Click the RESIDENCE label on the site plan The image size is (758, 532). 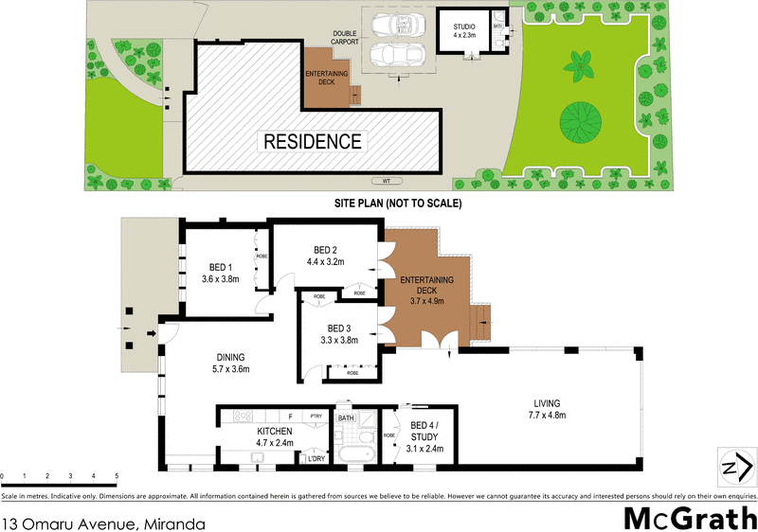[x=313, y=142]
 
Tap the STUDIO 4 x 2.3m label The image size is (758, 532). [x=464, y=29]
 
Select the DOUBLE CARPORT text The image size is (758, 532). [x=344, y=38]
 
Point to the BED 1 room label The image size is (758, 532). [x=220, y=273]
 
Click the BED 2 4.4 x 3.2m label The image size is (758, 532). [x=325, y=256]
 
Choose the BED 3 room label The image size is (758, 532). [x=339, y=334]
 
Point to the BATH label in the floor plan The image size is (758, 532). [x=346, y=417]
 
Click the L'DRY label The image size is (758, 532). [x=316, y=459]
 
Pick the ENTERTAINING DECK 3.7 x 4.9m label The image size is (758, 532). [x=426, y=288]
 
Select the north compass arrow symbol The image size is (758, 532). [x=738, y=466]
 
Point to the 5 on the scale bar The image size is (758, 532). [x=117, y=475]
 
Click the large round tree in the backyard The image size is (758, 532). [x=580, y=119]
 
